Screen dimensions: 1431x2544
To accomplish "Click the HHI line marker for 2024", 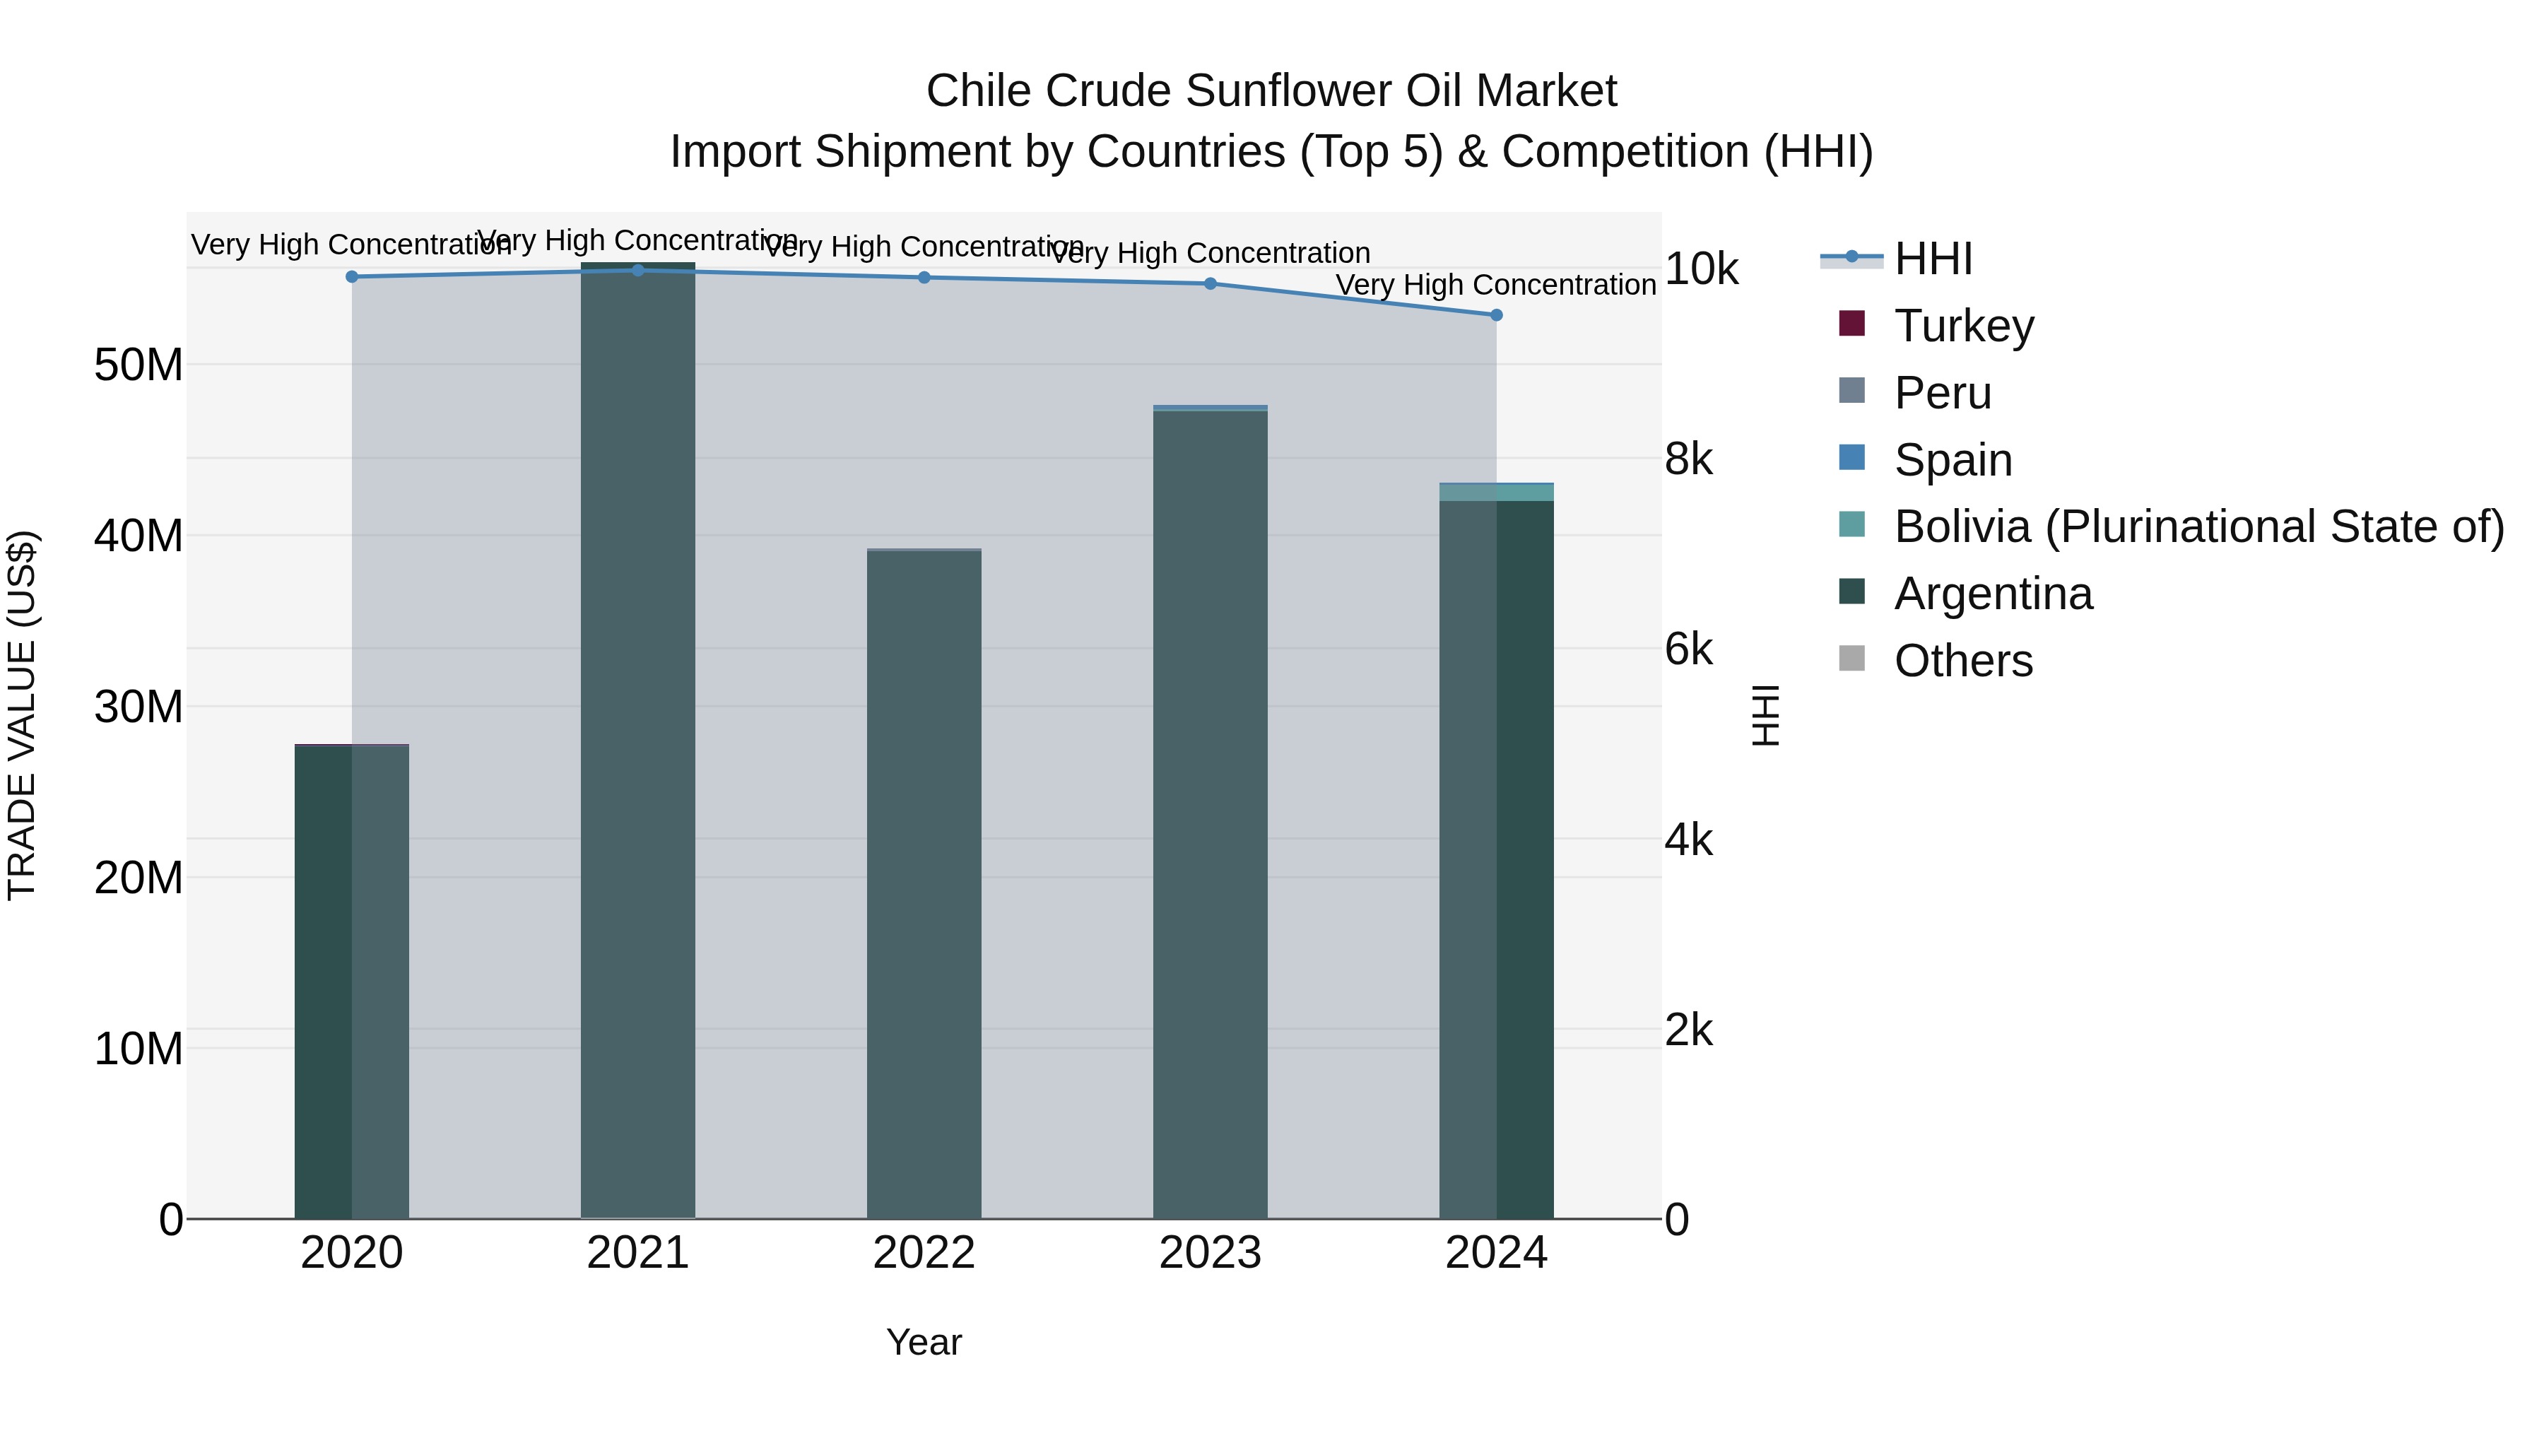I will pos(1496,315).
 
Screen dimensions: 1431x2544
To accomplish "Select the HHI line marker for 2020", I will pos(352,276).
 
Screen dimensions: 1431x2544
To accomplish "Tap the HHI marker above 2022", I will pos(924,278).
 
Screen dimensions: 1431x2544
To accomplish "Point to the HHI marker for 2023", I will pos(1210,283).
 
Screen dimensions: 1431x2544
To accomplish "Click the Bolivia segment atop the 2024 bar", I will pos(1496,493).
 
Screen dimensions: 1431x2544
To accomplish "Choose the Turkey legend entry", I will pos(1963,326).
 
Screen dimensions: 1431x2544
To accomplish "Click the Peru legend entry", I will pos(1942,393).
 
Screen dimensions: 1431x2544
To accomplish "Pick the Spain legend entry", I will pos(1953,460).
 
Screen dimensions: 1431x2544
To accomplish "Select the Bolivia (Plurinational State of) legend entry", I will pos(2198,526).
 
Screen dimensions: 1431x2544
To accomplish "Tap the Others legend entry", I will pos(1962,661).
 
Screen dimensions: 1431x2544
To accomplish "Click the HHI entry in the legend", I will pos(1933,259).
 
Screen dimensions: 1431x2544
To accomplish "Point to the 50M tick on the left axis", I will pos(139,365).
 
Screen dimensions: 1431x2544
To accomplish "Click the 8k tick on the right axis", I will pos(1689,459).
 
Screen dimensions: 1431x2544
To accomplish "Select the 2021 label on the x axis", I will pos(638,1253).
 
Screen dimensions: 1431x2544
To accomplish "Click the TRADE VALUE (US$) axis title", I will pos(23,715).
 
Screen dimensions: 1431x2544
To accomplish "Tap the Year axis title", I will pos(924,1342).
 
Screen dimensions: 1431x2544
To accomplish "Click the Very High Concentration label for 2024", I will pos(1495,285).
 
